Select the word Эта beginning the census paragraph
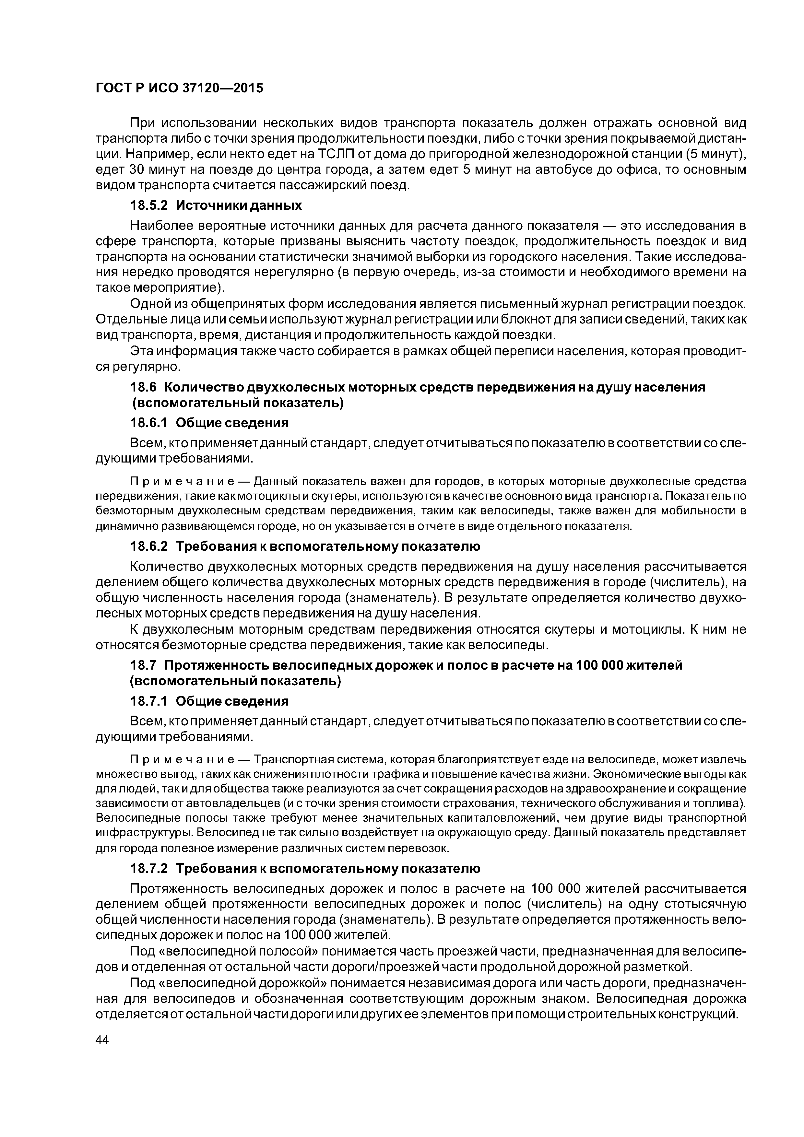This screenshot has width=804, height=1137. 141,351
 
